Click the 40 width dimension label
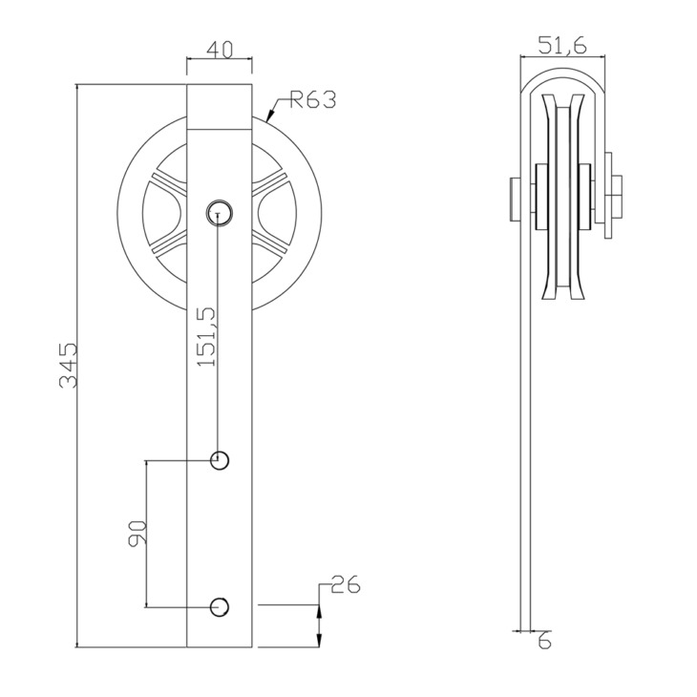pyautogui.click(x=220, y=50)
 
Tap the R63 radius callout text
pyautogui.click(x=312, y=99)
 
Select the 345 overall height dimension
pyautogui.click(x=69, y=365)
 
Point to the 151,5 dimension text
pyautogui.click(x=206, y=336)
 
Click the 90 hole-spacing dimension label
pyautogui.click(x=137, y=534)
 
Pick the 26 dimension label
pyautogui.click(x=346, y=584)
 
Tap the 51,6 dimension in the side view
pyautogui.click(x=562, y=46)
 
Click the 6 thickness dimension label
pyautogui.click(x=545, y=642)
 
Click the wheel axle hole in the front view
pyautogui.click(x=220, y=213)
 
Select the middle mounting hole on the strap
pyautogui.click(x=220, y=460)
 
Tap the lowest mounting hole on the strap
pyautogui.click(x=220, y=607)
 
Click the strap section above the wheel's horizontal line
pyautogui.click(x=220, y=107)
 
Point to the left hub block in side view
pyautogui.click(x=542, y=197)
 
